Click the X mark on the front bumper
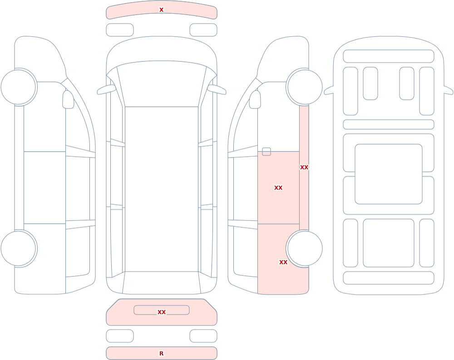pos(161,10)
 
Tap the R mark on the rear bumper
pos(161,353)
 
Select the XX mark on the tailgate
pos(162,312)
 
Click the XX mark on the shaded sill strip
pos(304,167)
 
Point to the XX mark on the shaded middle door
pos(278,187)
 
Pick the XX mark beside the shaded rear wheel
pos(283,262)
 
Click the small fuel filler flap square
pos(266,152)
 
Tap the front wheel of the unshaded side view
pos(18,87)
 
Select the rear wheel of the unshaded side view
pos(18,248)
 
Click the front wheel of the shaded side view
pos(305,87)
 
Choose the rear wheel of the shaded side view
pos(305,248)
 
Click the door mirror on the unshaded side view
pos(68,99)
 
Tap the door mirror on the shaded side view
pos(255,99)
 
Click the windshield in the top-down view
pos(162,84)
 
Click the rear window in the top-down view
pos(162,282)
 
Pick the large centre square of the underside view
pos(389,174)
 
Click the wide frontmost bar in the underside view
pos(389,56)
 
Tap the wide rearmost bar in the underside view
pos(389,278)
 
